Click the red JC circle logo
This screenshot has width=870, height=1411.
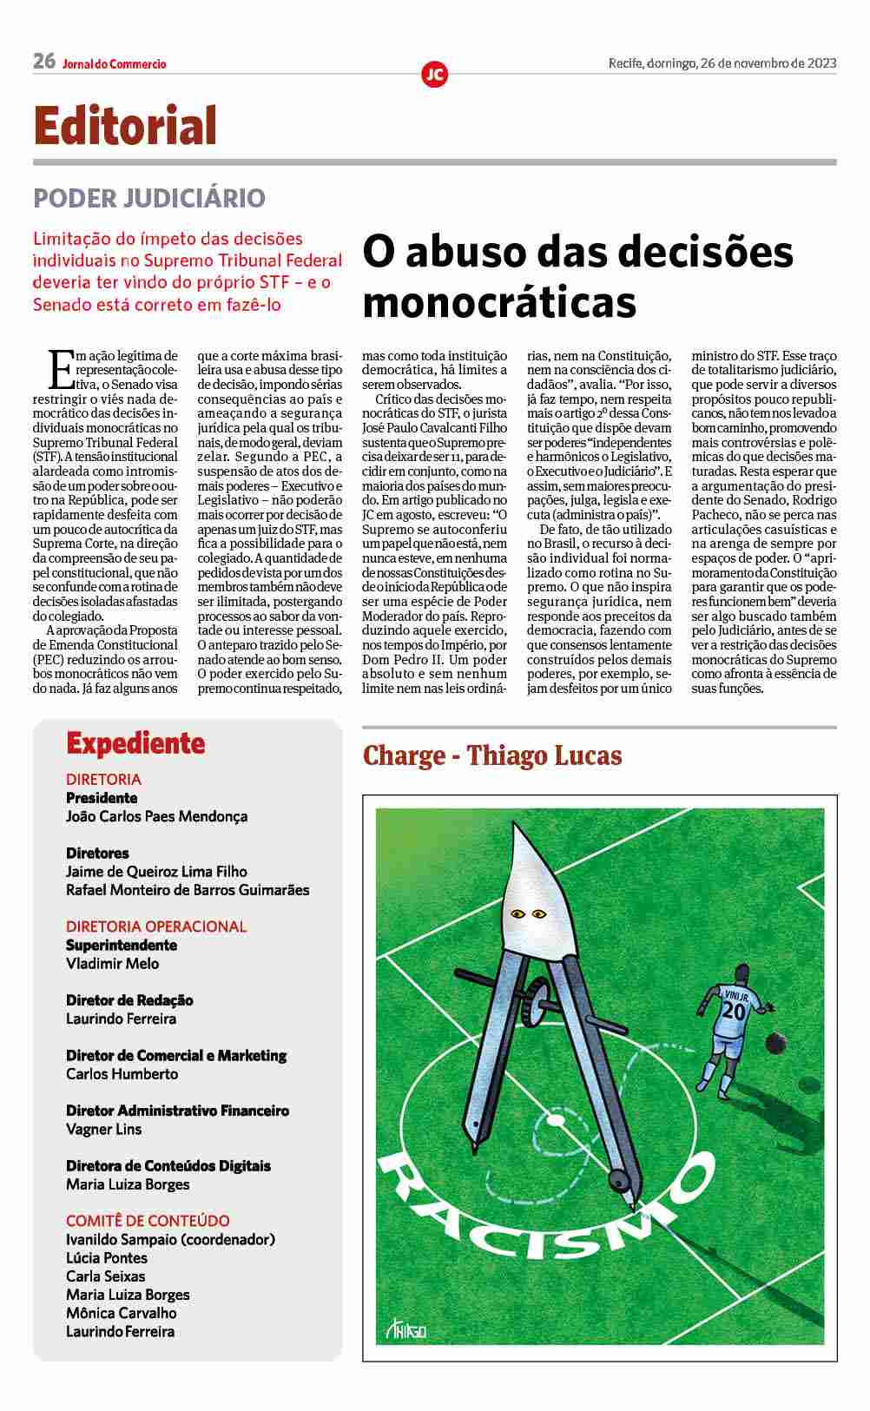[x=434, y=75]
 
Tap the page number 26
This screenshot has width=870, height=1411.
[x=44, y=62]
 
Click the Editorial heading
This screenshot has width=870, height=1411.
[x=125, y=126]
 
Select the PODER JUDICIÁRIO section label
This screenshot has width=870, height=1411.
[x=149, y=198]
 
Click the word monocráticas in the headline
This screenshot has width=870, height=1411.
[x=499, y=302]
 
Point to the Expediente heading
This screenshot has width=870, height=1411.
[x=135, y=743]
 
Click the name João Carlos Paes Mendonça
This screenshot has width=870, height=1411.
[x=156, y=816]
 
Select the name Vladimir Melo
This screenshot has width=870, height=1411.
[x=112, y=963]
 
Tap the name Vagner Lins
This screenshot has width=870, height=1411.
[x=103, y=1129]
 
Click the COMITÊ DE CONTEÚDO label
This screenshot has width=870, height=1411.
[x=148, y=1220]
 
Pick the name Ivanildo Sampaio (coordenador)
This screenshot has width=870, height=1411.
[x=170, y=1239]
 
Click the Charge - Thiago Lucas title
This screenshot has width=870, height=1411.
[x=492, y=755]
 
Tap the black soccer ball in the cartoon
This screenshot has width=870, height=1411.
[x=777, y=1043]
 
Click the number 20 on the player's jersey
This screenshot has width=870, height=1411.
[x=734, y=1012]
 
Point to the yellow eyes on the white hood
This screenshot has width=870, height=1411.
[x=528, y=913]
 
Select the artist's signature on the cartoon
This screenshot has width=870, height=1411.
[x=405, y=1329]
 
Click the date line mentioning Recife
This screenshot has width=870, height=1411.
[x=722, y=63]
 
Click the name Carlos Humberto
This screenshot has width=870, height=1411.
[x=122, y=1074]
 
